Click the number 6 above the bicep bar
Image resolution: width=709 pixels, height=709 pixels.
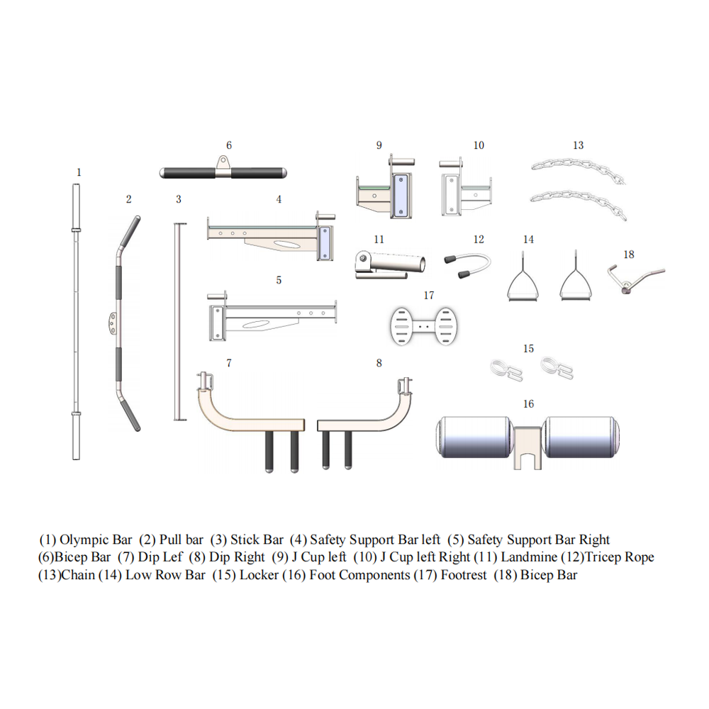(x=229, y=145)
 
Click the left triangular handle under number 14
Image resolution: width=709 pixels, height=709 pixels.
(x=523, y=286)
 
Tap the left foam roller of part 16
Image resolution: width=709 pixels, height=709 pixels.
(x=472, y=437)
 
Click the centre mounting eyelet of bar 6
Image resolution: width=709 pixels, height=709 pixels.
(x=224, y=162)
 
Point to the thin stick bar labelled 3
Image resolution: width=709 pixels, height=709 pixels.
(x=177, y=323)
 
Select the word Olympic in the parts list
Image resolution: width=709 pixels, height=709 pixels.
(x=82, y=540)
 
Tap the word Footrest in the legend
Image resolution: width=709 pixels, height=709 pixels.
(x=463, y=575)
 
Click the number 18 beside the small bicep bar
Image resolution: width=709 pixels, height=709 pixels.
(x=628, y=254)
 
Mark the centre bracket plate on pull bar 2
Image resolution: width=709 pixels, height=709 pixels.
(x=113, y=323)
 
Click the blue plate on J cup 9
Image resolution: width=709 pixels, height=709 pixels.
(x=401, y=194)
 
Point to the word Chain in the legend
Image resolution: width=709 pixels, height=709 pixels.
(x=78, y=575)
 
